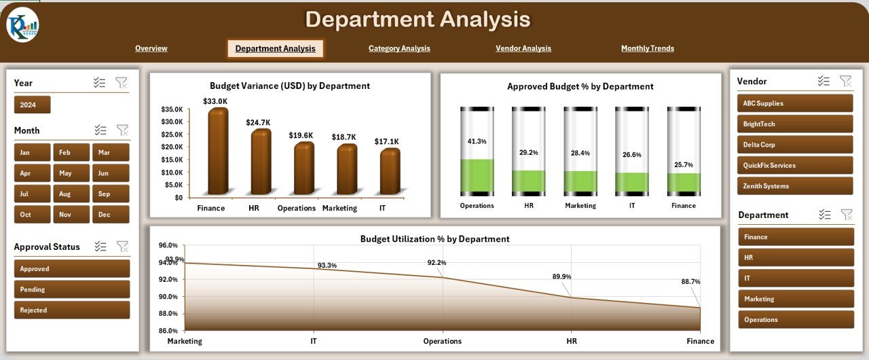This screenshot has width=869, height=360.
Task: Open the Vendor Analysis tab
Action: (523, 48)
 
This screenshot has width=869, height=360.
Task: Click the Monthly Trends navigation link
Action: (647, 48)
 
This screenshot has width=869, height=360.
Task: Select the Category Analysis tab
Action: (399, 48)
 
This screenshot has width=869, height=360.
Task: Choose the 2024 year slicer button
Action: (32, 105)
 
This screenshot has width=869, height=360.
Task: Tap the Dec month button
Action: (111, 214)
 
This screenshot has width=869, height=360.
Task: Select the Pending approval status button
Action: (71, 289)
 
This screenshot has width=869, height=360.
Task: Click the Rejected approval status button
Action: (71, 310)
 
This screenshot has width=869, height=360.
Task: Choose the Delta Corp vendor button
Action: (794, 145)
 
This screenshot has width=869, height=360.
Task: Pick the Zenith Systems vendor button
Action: (794, 186)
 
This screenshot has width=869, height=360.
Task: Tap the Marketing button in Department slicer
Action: (796, 299)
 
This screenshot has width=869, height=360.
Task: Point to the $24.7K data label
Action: (258, 122)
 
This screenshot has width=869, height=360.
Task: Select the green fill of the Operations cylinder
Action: (477, 177)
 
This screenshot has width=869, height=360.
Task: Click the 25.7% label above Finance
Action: (683, 164)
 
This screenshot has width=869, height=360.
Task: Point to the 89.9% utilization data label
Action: (561, 276)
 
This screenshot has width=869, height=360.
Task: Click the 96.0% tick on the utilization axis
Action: (168, 245)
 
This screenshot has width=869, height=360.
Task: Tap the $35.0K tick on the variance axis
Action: (171, 109)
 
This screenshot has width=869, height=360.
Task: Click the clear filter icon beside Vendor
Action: (845, 81)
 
